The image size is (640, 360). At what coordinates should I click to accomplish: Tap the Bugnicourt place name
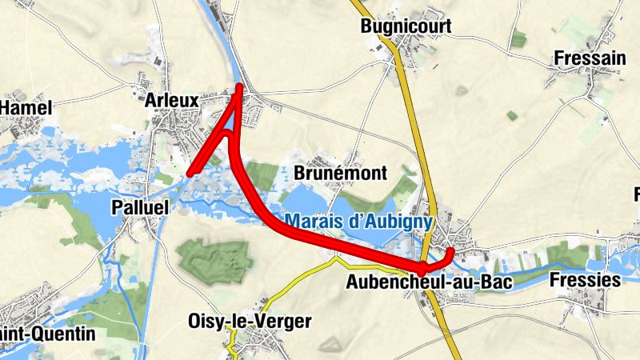click(406, 26)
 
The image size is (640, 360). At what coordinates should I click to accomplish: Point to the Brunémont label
click(341, 173)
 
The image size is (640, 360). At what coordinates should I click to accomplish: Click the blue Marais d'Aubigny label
click(359, 222)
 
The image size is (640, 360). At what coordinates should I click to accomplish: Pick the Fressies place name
click(586, 280)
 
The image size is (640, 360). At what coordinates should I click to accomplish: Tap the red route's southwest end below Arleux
click(190, 171)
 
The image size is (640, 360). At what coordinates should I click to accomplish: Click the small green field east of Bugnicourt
click(518, 38)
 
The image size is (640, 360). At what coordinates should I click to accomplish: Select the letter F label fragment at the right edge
click(636, 194)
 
